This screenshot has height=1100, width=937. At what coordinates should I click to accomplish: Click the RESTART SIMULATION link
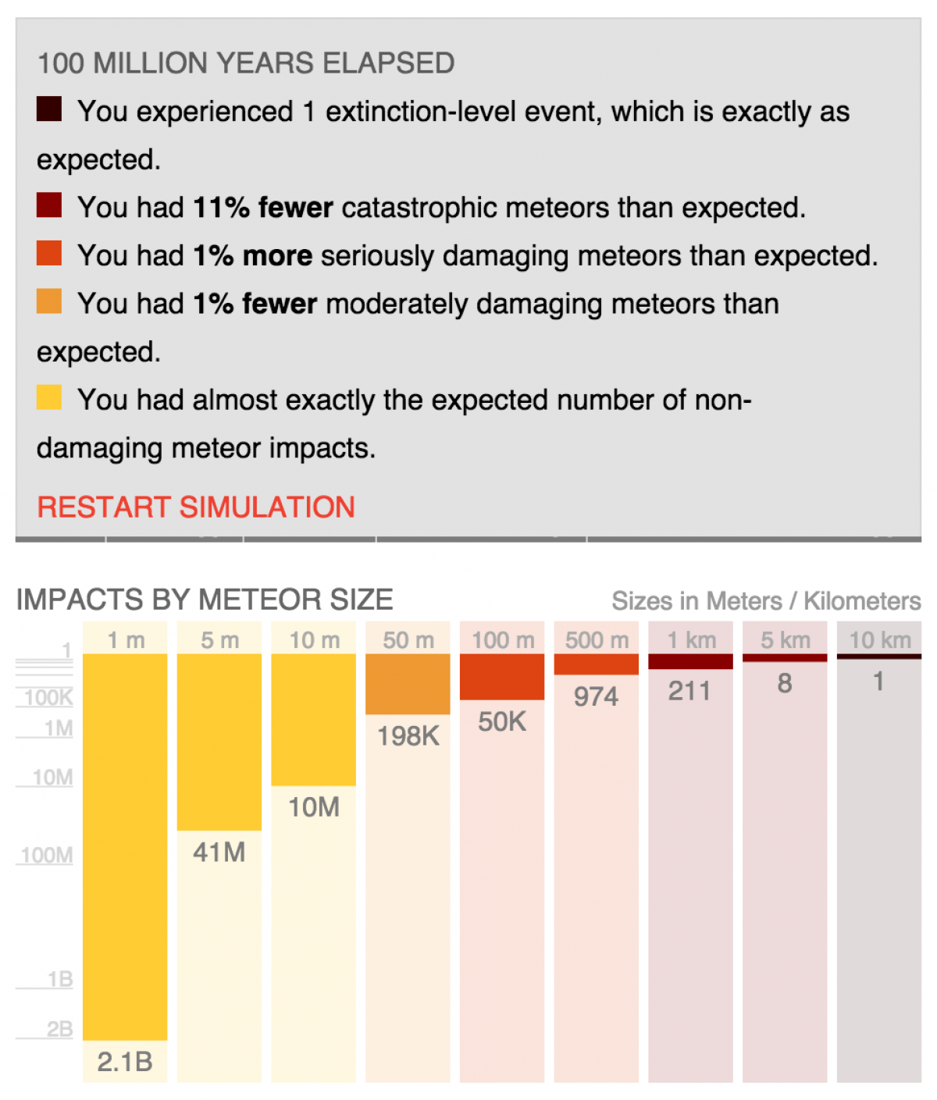(196, 507)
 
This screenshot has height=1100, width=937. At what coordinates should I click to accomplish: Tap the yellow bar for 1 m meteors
(125, 846)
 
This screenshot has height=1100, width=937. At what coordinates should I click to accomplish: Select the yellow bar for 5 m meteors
(219, 742)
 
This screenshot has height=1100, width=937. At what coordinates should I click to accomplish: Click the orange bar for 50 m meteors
(408, 684)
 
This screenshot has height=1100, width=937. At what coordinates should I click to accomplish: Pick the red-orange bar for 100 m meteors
(502, 677)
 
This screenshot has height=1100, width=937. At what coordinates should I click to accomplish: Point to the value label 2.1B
(125, 1062)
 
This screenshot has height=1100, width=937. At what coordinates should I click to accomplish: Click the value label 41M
(219, 853)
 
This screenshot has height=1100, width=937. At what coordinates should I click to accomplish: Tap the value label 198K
(408, 735)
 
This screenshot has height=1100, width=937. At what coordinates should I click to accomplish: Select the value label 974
(596, 696)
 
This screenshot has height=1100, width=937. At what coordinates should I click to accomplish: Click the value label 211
(690, 691)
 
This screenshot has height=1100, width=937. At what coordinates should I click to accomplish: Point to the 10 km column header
(879, 640)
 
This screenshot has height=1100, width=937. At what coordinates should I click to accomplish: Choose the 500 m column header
(597, 640)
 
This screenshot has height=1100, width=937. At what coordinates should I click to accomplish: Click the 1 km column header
(691, 640)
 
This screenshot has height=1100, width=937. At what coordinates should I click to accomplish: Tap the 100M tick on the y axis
(47, 856)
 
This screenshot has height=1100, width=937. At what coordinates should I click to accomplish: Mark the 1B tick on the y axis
(59, 979)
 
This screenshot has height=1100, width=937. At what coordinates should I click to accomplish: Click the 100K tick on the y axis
(48, 697)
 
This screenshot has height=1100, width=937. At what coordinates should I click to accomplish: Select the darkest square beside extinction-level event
(49, 109)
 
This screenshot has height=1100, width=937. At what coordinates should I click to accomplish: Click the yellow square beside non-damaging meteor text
(49, 397)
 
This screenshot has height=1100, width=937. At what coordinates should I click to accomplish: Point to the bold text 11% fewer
(263, 208)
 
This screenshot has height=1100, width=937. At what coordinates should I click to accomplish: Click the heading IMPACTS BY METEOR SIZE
(205, 600)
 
